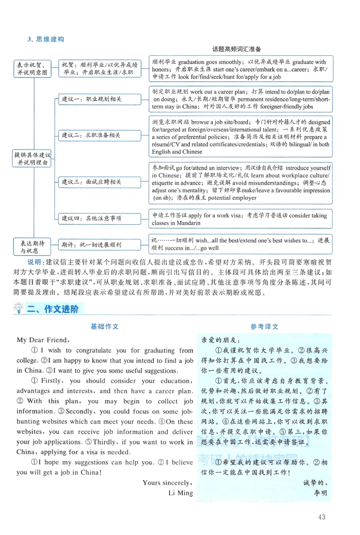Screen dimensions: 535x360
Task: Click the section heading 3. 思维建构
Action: tap(45, 39)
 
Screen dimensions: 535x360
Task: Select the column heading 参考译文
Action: tap(264, 326)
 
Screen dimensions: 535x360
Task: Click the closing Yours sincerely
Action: tap(167, 482)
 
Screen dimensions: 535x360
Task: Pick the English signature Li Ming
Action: tap(180, 493)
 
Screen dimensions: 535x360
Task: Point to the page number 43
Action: tap(321, 517)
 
